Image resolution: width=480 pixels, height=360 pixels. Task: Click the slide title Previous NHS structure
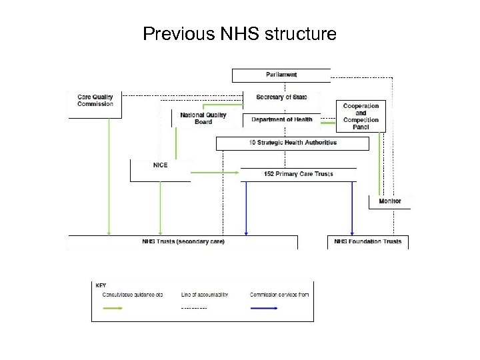pos(240,33)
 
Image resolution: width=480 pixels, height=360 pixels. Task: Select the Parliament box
pos(281,75)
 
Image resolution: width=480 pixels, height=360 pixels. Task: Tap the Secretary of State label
pos(281,97)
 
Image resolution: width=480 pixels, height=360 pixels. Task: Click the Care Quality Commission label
pos(95,101)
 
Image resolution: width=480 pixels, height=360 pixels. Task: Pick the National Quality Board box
pos(203,119)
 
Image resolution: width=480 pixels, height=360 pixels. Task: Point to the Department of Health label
pos(281,119)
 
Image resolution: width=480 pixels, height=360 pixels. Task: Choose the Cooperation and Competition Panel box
pos(361,117)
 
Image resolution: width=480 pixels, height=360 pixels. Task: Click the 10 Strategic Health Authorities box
pos(293,143)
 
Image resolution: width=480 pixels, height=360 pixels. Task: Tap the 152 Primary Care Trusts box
pos(298,174)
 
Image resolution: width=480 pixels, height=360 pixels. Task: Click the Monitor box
pos(390,201)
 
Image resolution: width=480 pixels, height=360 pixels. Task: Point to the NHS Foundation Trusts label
pos(368,241)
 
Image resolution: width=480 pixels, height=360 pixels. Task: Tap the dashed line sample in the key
pos(194,308)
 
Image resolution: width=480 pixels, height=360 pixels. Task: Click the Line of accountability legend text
pos(205,294)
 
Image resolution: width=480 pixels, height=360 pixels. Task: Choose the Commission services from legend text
pos(279,294)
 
